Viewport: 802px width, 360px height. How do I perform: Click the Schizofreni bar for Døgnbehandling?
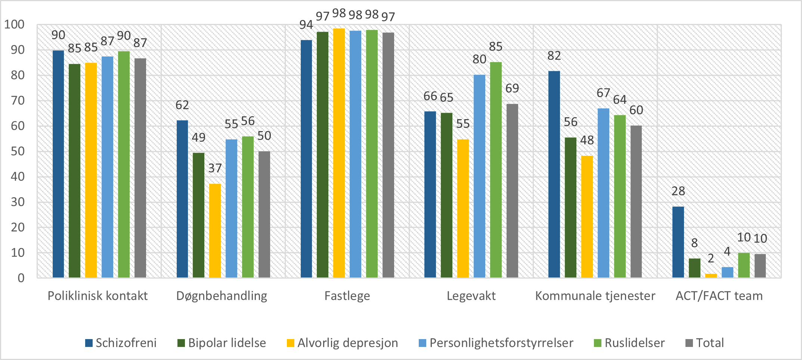point(182,199)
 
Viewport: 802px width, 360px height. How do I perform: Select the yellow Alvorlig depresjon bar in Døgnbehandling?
point(215,230)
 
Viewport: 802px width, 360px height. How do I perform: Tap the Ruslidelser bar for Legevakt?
point(496,170)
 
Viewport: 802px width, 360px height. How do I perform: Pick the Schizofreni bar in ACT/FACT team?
point(678,242)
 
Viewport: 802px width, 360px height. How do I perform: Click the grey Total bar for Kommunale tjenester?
point(636,202)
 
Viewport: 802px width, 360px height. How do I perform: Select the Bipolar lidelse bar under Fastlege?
point(323,155)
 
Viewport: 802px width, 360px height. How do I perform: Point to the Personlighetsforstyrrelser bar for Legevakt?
point(479,176)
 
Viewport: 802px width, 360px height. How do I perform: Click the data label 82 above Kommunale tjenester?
point(554,56)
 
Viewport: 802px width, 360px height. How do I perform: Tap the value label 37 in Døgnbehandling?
point(215,168)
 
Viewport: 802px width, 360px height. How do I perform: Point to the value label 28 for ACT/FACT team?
point(678,191)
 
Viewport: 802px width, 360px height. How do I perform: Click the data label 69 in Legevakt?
point(512,89)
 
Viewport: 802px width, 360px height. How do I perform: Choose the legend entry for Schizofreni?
point(121,343)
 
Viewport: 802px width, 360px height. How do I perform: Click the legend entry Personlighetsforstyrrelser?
point(496,343)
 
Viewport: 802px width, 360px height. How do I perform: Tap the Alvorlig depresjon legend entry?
point(343,343)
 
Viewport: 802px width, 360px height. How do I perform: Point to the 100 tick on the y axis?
point(14,25)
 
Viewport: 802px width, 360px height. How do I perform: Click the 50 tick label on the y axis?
point(18,151)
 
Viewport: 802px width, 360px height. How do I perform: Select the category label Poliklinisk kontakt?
point(97,296)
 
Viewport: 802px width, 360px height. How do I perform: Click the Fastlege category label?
point(347,296)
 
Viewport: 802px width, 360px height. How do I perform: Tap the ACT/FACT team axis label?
point(719,296)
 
